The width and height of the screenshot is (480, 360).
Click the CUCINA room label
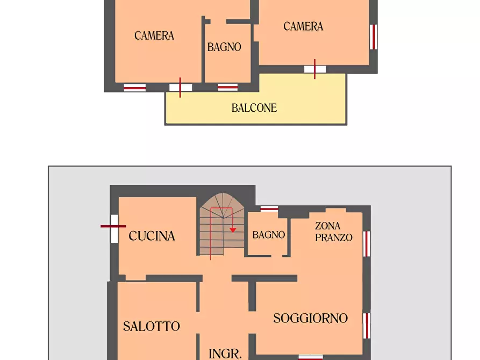pos(152,236)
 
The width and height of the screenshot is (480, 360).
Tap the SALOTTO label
pos(151,326)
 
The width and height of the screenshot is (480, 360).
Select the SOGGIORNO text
pos(310,318)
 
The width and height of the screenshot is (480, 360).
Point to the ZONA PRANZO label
pos(333,232)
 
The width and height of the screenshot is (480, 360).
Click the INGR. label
pos(225,354)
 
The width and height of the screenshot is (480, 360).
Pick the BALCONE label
pos(254,108)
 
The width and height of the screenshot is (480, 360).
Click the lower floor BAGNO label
pos(268,235)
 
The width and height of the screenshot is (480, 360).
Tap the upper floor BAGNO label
pos(224,47)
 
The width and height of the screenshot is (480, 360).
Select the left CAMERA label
pos(154,36)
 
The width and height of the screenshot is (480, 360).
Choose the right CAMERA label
pos(303,26)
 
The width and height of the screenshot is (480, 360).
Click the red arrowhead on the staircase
pos(233,229)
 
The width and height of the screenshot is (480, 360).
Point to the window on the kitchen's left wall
pos(114,228)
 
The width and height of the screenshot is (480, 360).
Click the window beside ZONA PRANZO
pos(367,243)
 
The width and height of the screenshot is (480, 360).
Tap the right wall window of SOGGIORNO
pos(367,326)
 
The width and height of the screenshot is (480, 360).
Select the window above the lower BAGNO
pos(269,208)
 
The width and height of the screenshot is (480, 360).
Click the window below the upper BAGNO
pos(227,87)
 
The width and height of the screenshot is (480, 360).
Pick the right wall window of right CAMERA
pos(374,37)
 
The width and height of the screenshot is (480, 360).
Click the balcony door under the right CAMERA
pos(315,69)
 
